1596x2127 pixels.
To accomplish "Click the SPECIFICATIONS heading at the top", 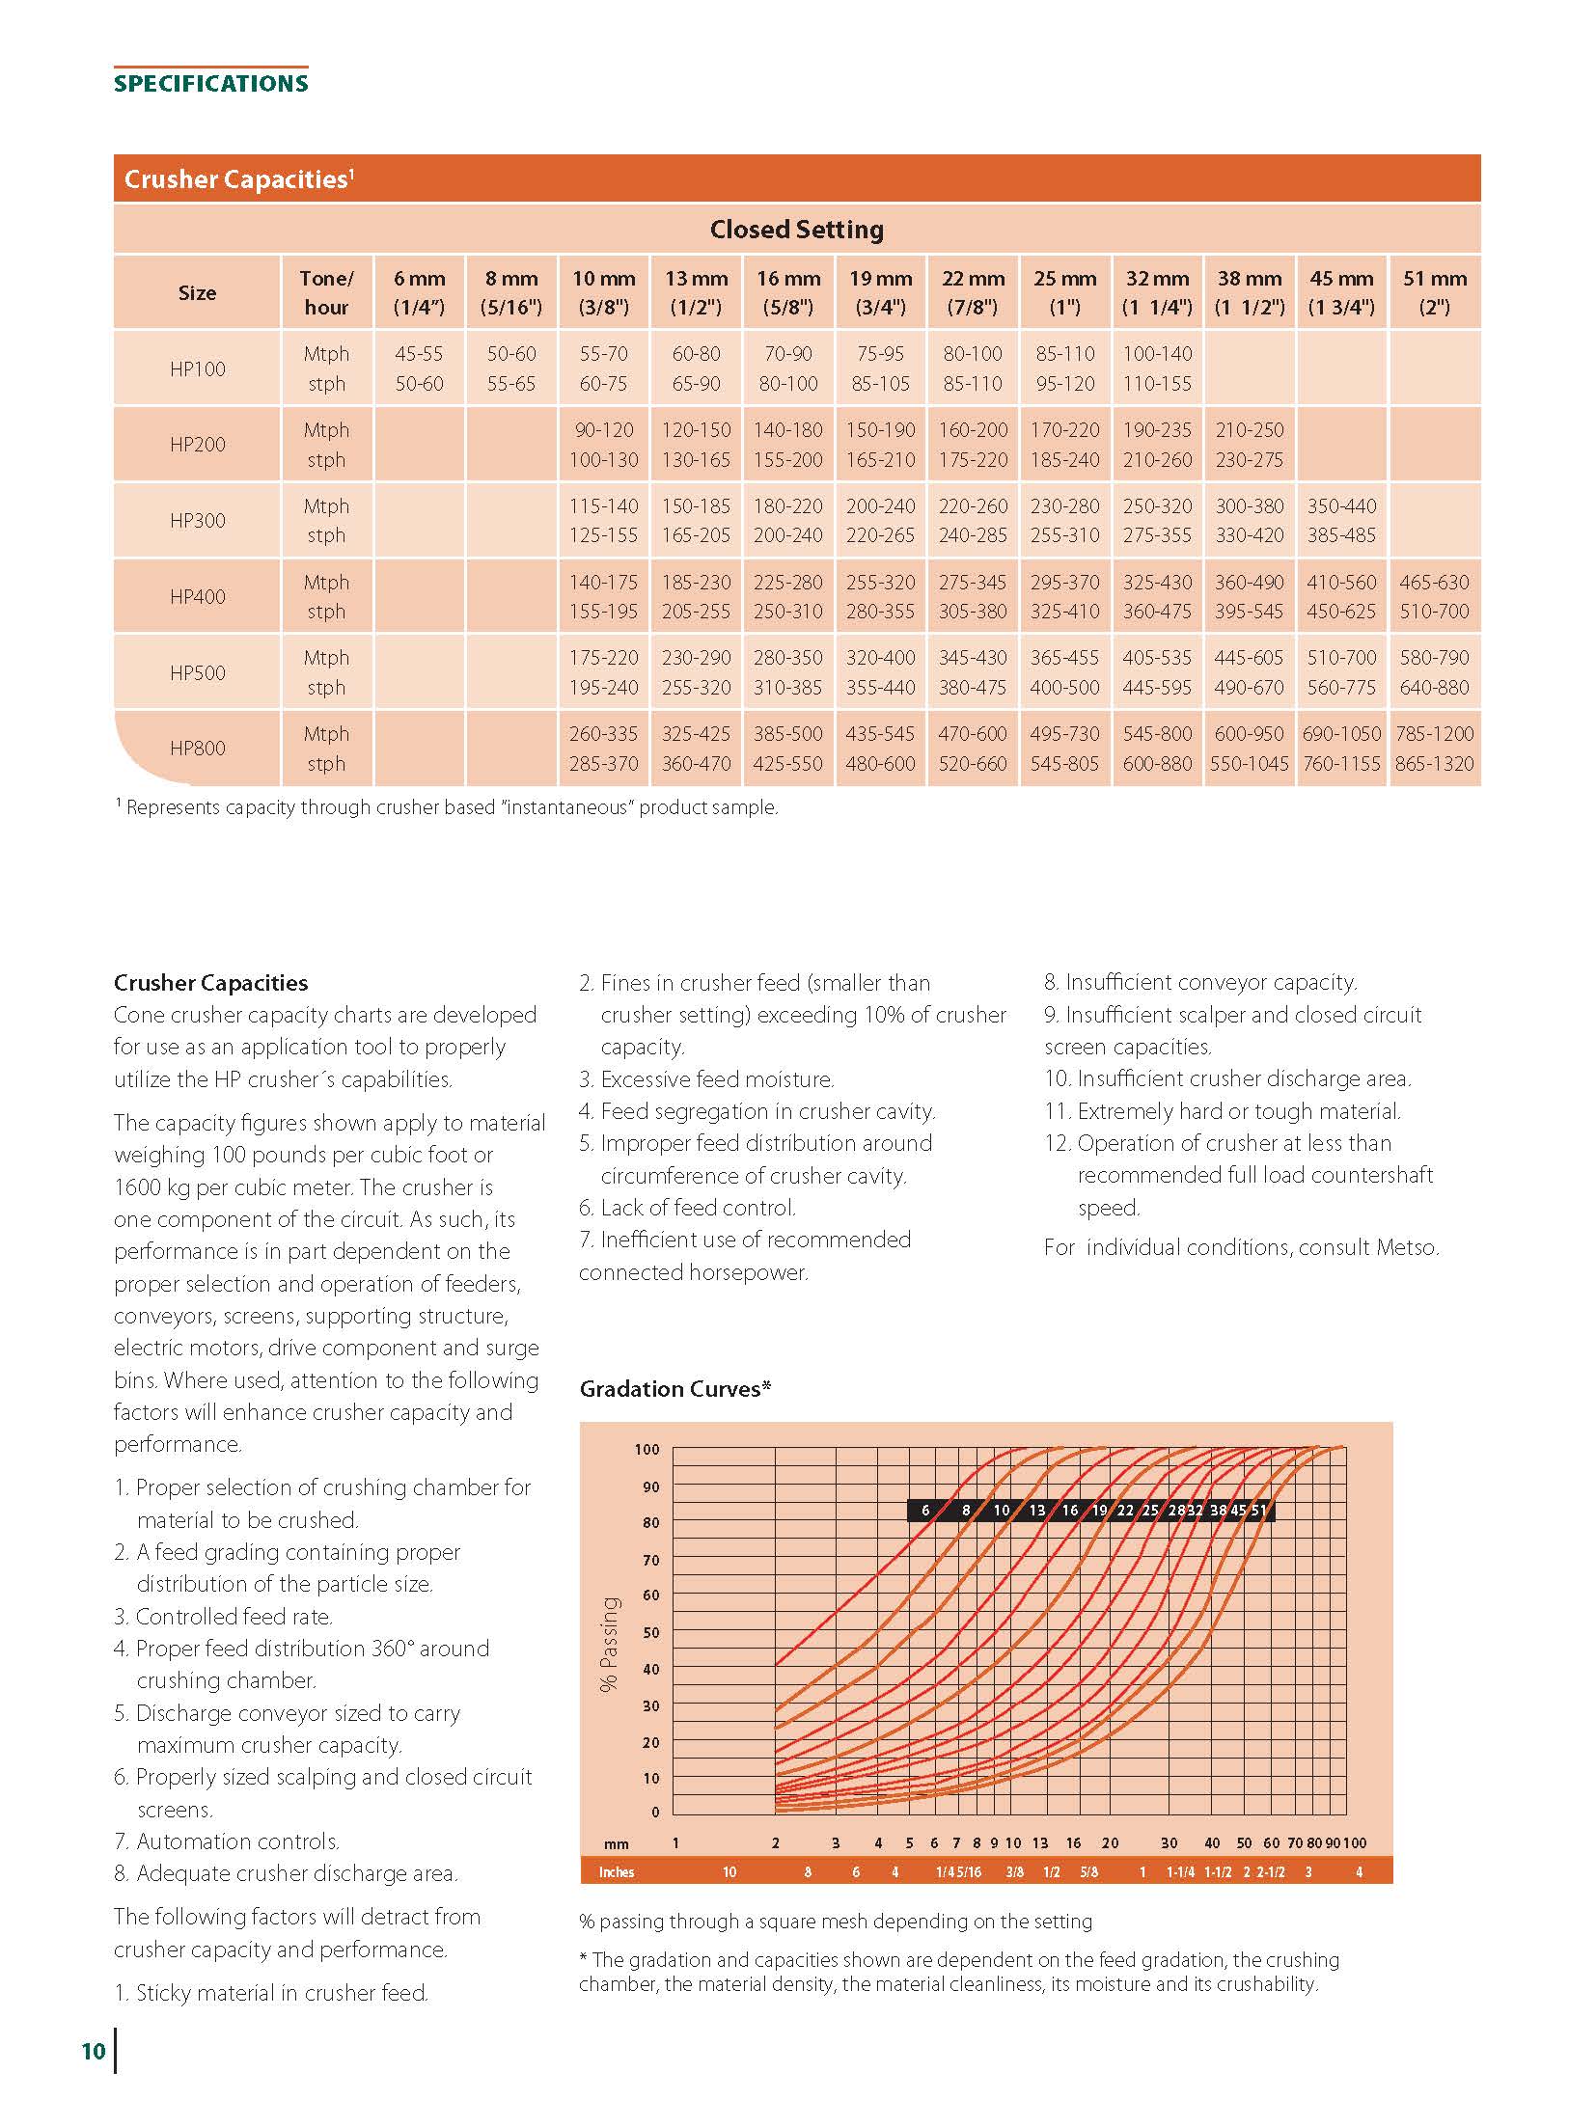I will [210, 83].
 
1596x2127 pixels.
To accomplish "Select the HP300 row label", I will [197, 521].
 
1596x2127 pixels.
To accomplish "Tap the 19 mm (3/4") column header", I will [880, 292].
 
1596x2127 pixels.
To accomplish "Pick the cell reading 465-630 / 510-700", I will [1434, 596].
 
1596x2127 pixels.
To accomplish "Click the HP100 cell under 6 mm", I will [419, 368].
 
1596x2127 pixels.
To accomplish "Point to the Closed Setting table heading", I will [796, 230].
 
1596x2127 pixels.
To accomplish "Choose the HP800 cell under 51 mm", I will [1434, 749].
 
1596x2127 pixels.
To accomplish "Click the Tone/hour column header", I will [326, 292].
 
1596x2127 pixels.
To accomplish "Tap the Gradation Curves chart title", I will [674, 1389].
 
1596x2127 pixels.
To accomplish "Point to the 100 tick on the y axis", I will [647, 1450].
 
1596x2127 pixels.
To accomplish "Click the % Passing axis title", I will [609, 1644].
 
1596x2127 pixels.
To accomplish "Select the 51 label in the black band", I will [1259, 1511].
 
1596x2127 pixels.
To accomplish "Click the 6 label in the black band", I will [925, 1511].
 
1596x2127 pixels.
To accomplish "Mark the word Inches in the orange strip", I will [617, 1872].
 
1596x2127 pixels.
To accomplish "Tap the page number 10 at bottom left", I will [93, 2051].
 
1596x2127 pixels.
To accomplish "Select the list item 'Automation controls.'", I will [237, 1841].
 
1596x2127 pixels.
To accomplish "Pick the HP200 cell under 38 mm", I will [1249, 445].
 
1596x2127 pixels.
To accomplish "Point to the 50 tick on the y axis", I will [650, 1633].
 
